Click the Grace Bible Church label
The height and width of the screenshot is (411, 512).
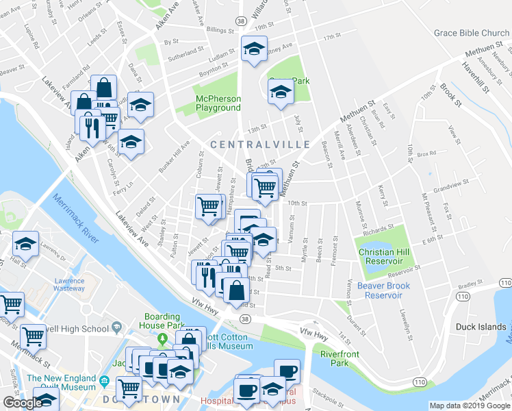click(x=472, y=33)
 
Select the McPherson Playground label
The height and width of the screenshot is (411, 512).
click(x=218, y=103)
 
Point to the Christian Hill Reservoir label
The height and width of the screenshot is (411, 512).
click(x=385, y=256)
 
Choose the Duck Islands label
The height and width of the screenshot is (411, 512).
click(x=482, y=327)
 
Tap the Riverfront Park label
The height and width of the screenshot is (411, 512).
click(x=340, y=359)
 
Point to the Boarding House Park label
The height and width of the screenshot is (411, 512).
click(x=162, y=321)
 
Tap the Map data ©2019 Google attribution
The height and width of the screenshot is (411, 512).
click(x=470, y=406)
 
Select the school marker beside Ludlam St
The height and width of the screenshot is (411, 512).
click(x=253, y=49)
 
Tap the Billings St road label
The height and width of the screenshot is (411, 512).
click(x=221, y=30)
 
